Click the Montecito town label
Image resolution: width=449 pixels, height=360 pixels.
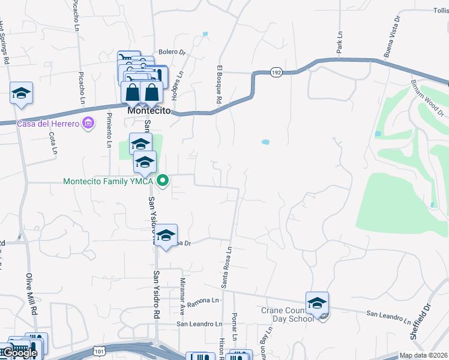(x=149, y=112)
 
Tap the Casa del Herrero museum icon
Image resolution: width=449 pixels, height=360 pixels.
(x=89, y=124)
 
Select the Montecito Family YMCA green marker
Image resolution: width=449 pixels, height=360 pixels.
(x=162, y=180)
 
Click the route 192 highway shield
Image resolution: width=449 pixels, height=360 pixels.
(x=276, y=71)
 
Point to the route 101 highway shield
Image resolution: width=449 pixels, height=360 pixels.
(x=98, y=350)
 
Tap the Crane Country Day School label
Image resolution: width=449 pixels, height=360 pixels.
(x=288, y=314)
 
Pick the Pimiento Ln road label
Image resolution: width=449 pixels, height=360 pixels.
(x=109, y=130)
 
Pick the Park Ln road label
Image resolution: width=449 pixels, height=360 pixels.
(x=340, y=43)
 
